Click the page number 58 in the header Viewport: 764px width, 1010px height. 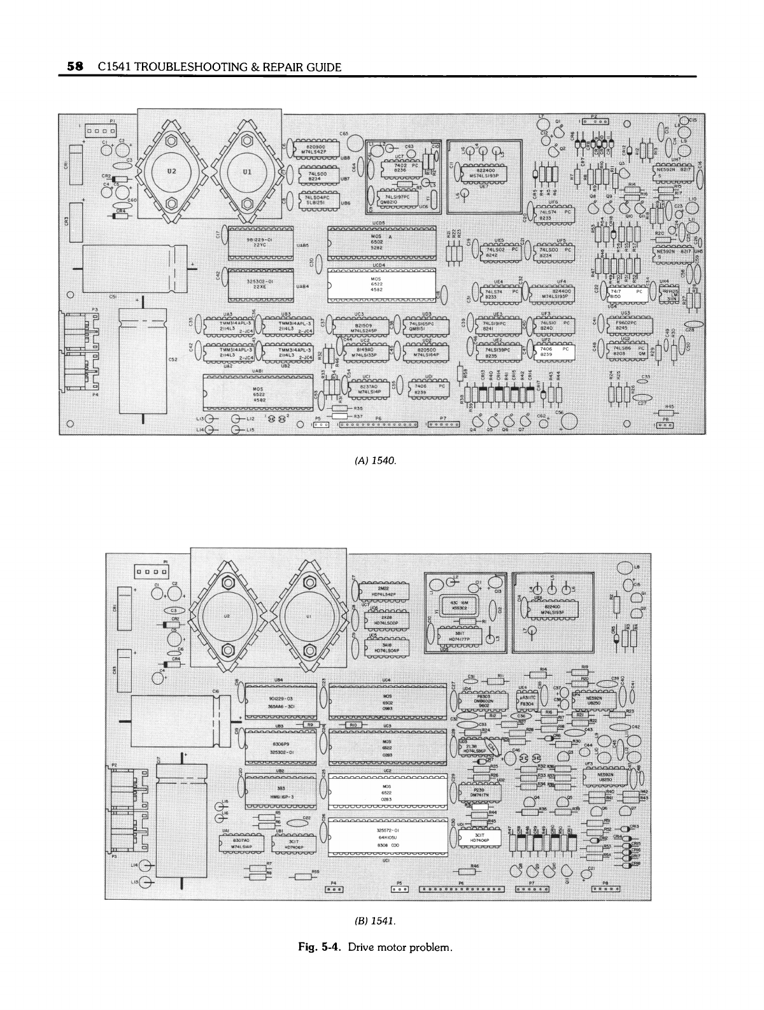coord(75,66)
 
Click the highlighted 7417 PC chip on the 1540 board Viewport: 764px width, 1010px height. coord(627,294)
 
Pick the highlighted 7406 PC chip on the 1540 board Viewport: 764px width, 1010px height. coord(555,352)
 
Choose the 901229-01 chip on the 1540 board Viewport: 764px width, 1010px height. coord(260,242)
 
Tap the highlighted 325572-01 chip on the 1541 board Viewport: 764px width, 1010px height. coord(386,836)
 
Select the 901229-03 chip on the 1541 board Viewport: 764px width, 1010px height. coord(281,703)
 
